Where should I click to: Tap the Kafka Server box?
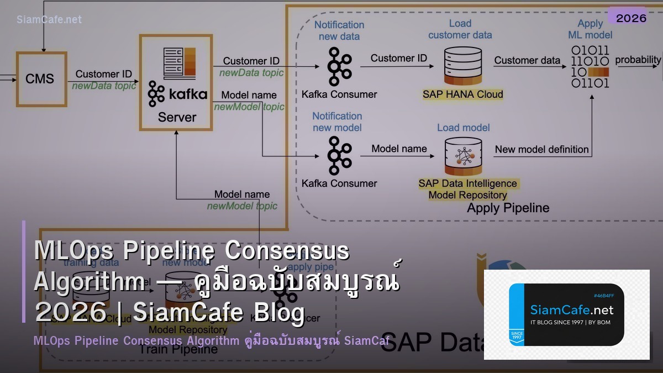tap(176, 83)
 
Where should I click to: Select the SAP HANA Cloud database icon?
tap(462, 66)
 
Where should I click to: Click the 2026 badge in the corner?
tap(631, 18)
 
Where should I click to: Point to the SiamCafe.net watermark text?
tap(49, 19)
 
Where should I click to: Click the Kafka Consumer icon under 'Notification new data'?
tap(339, 66)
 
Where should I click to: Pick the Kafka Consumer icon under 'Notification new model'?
tap(339, 156)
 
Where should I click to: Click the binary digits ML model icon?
tap(590, 67)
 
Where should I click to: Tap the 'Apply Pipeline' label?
tap(508, 208)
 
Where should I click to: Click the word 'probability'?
tap(638, 60)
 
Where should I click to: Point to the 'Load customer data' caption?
tap(460, 29)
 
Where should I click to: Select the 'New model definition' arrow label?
tap(541, 149)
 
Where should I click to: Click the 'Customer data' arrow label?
tap(527, 60)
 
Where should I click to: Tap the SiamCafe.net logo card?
tap(566, 314)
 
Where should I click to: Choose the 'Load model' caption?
tap(463, 128)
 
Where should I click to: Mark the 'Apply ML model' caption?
tap(590, 29)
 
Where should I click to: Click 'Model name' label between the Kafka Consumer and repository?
tap(399, 149)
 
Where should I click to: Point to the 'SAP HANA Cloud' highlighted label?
tap(462, 94)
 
